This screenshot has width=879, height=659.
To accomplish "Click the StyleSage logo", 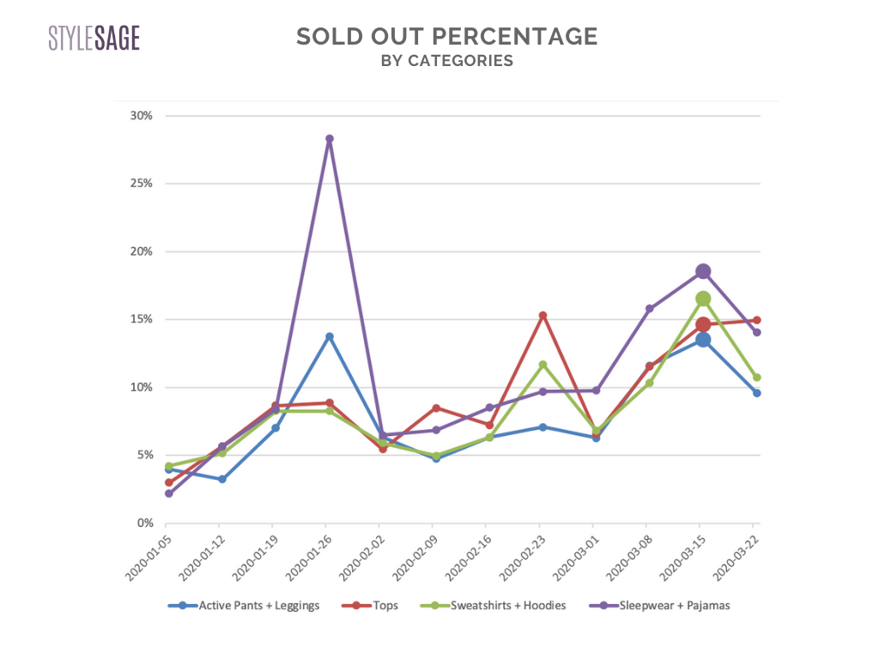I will pos(94,39).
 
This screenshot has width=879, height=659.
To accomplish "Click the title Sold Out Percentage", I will pos(446,37).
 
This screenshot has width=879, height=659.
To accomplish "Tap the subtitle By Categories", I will pos(446,61).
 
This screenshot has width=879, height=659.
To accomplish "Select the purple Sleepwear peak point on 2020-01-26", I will pos(329,138).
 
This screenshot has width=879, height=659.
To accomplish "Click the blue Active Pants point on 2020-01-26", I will pos(329,336).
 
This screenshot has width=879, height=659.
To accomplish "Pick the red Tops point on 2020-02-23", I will pos(543,315).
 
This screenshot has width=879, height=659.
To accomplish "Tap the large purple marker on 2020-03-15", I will pos(703,271).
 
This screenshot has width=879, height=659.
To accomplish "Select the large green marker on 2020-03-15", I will pos(703,299).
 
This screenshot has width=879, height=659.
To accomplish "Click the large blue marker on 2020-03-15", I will pos(703,340).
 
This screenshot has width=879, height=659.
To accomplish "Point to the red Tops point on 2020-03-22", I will pos(756,320).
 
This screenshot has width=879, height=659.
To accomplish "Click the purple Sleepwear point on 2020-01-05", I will pos(168,493).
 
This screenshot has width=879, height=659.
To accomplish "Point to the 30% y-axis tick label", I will pos(141,116).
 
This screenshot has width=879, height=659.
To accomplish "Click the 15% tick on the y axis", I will pos(141,319).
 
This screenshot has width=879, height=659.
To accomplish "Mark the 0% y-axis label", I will pos(143,523).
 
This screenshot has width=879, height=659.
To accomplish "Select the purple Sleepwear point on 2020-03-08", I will pos(650,309).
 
